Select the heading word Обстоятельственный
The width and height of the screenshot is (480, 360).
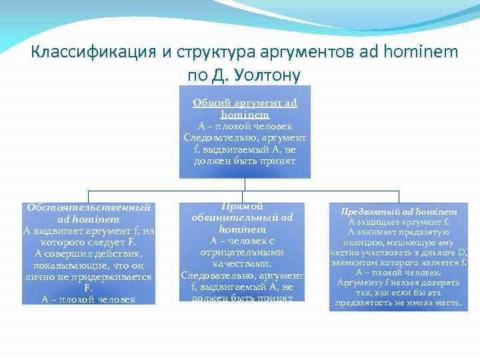pos(88,207)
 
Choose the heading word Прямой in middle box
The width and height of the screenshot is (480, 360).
pos(243,207)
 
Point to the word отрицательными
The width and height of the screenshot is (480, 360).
pos(243,253)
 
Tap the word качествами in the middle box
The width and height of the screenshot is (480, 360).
pos(243,264)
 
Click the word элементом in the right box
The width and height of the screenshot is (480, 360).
pos(355,262)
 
